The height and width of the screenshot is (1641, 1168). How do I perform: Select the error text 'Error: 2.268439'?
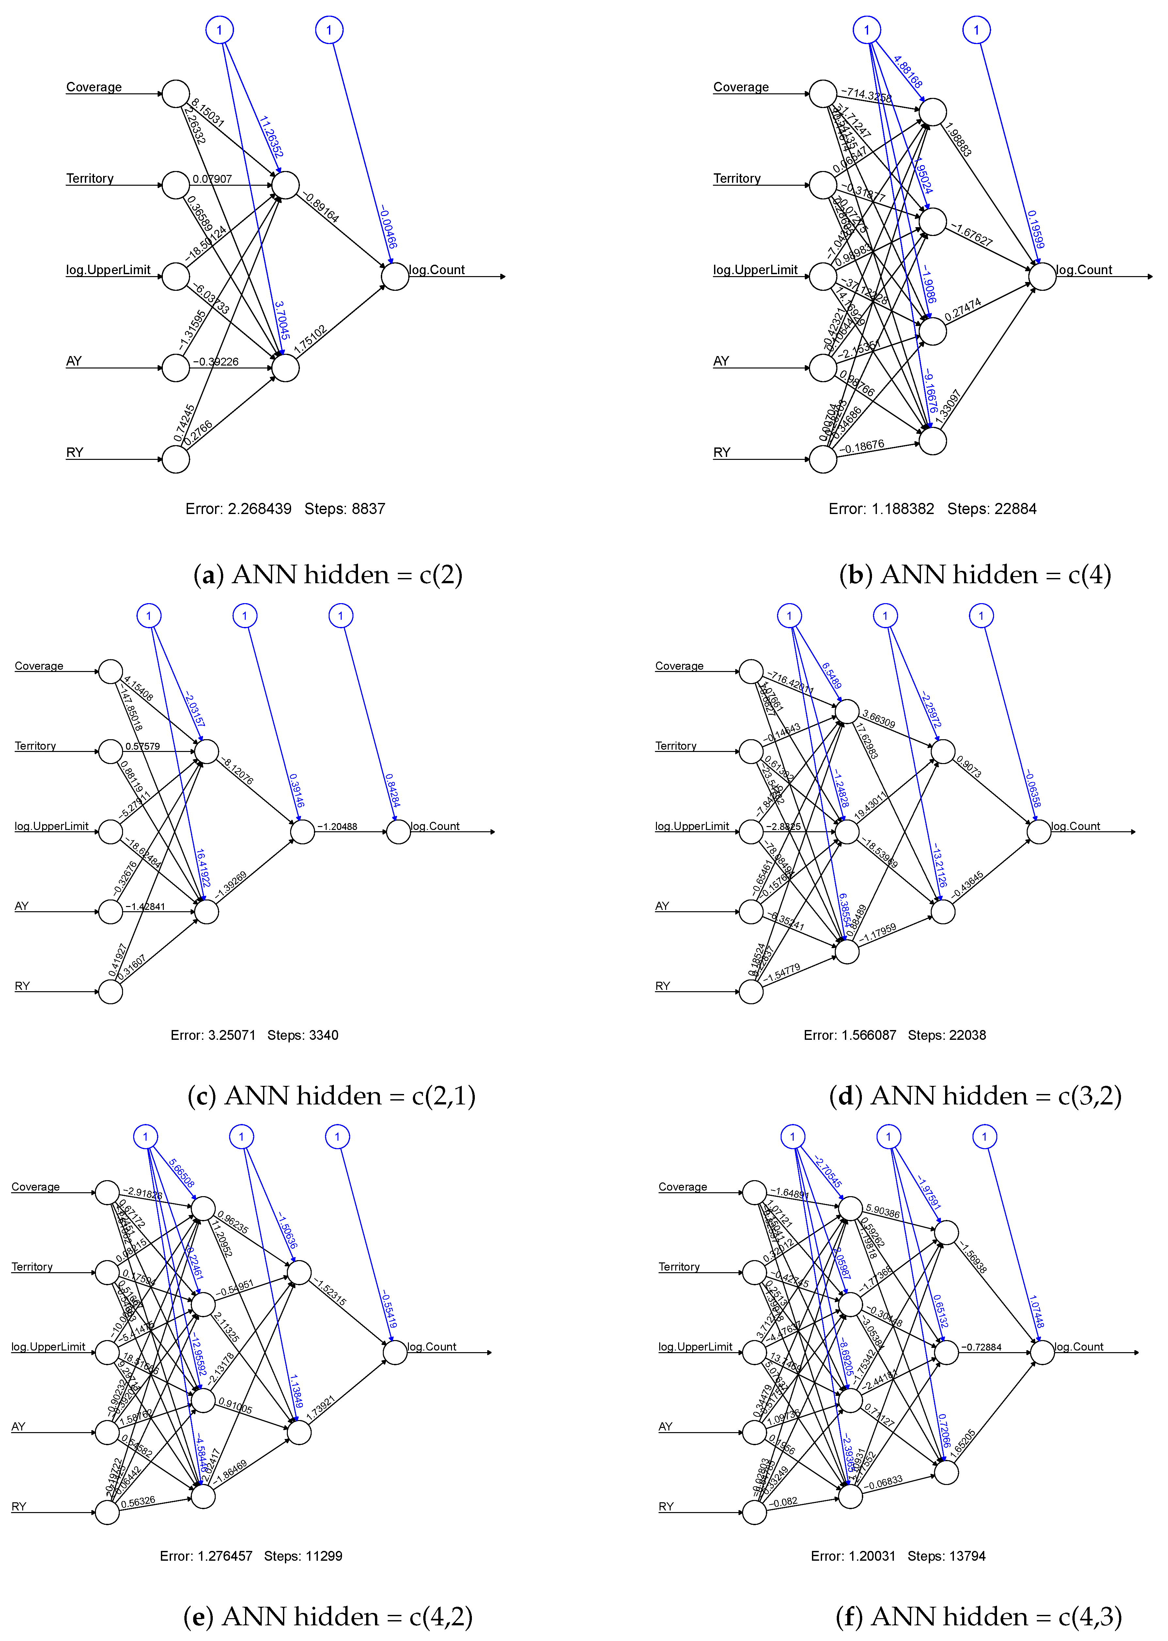coord(238,509)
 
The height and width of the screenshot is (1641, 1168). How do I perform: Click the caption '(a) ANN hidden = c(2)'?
coord(328,574)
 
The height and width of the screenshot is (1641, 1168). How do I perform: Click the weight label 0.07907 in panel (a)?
coord(212,178)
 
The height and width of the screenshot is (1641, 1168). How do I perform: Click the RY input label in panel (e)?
coord(19,1507)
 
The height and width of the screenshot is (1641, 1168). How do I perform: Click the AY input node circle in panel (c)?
coord(110,912)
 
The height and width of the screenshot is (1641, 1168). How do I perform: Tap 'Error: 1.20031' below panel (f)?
coord(853,1556)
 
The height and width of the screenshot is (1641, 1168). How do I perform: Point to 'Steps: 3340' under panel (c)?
coord(303,1036)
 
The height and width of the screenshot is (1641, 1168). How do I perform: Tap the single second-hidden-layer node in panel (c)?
coord(303,832)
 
